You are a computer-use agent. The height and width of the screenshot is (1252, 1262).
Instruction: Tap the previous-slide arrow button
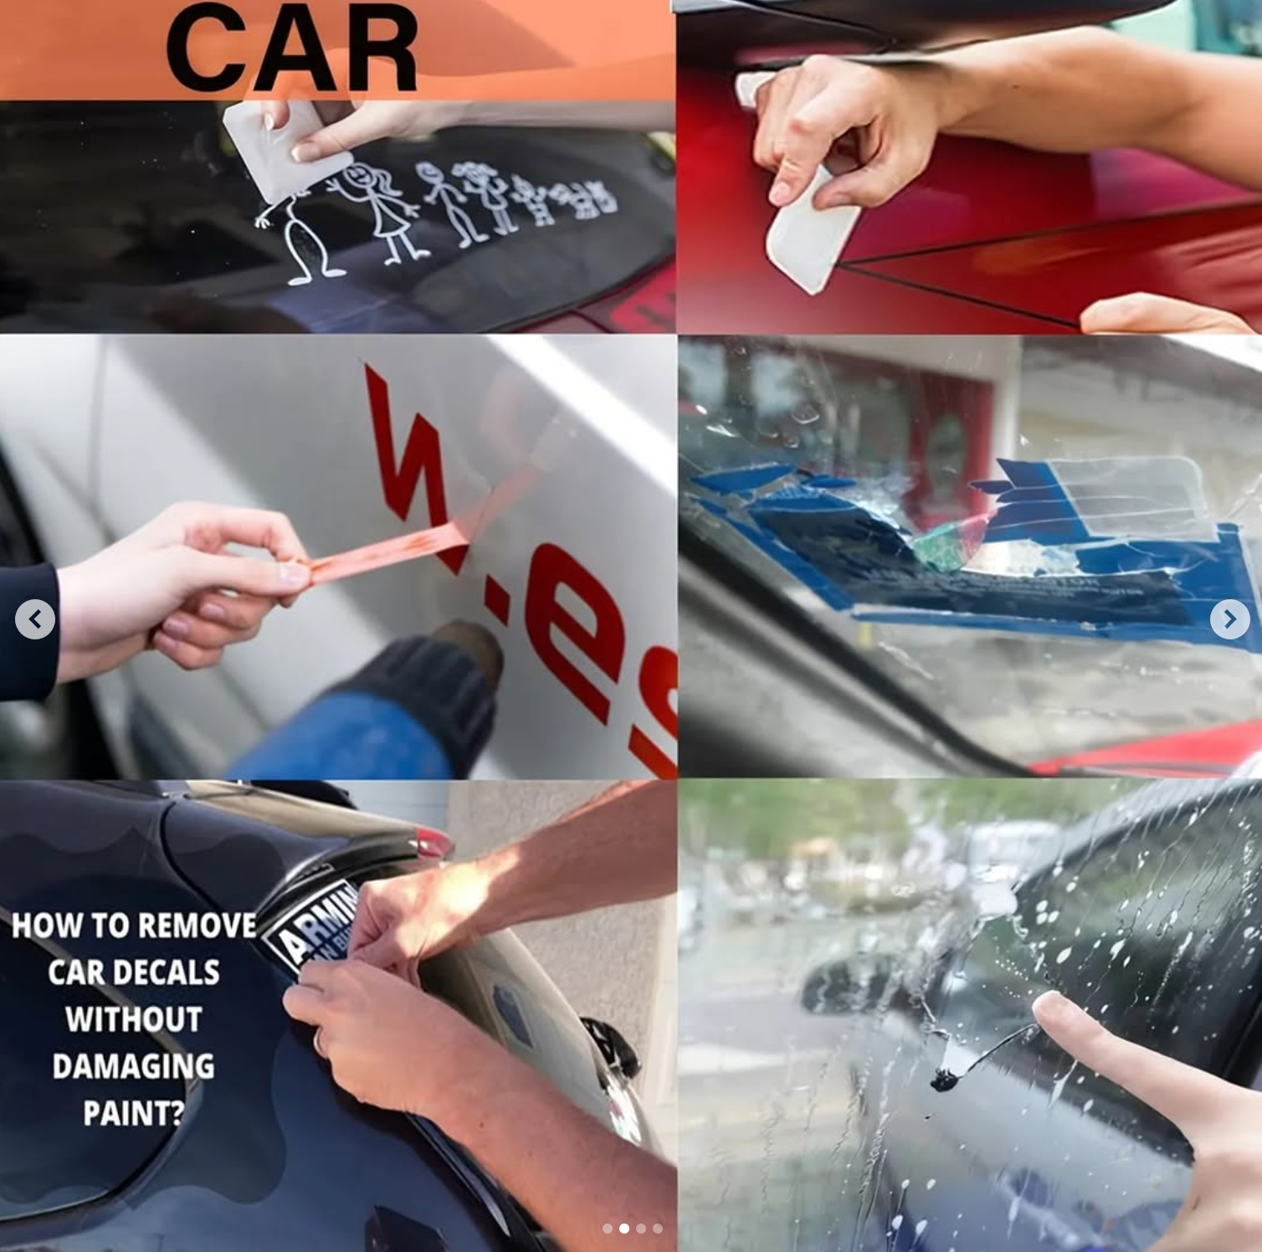tap(35, 619)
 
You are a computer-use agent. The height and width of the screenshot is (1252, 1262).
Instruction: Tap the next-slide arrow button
tap(1229, 619)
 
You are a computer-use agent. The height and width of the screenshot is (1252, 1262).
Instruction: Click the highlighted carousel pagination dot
tap(623, 1229)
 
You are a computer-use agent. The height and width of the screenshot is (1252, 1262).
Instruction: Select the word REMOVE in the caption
tap(193, 926)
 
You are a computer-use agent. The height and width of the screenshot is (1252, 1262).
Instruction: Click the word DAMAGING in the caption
tap(133, 1066)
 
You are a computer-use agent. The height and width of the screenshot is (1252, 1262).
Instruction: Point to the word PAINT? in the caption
tap(133, 1113)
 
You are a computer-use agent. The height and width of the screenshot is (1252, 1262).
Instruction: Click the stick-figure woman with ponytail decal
tap(381, 209)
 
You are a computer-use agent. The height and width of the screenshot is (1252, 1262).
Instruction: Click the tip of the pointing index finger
tap(1046, 1004)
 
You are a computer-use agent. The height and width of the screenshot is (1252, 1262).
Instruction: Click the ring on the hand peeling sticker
tap(319, 1041)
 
